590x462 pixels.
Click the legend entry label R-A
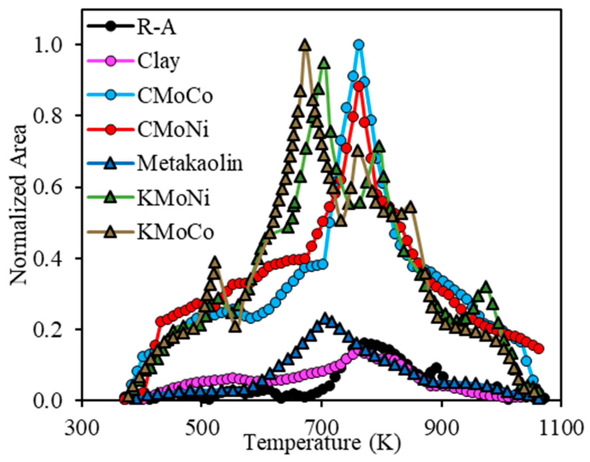coord(157,28)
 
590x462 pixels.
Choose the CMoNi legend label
coord(173,130)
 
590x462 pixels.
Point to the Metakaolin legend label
coord(190,164)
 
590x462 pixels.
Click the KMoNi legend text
coord(174,198)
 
